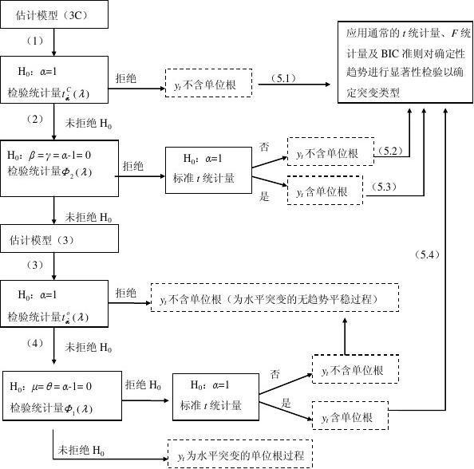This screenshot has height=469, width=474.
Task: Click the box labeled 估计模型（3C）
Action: (53, 14)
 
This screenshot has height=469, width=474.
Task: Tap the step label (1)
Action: (34, 40)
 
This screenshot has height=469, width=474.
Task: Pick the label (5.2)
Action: (389, 151)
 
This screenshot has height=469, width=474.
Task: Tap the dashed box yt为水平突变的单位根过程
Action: (240, 454)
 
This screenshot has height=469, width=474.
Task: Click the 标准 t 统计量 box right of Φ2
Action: (209, 169)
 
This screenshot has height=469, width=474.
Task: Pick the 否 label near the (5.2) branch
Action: (264, 148)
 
